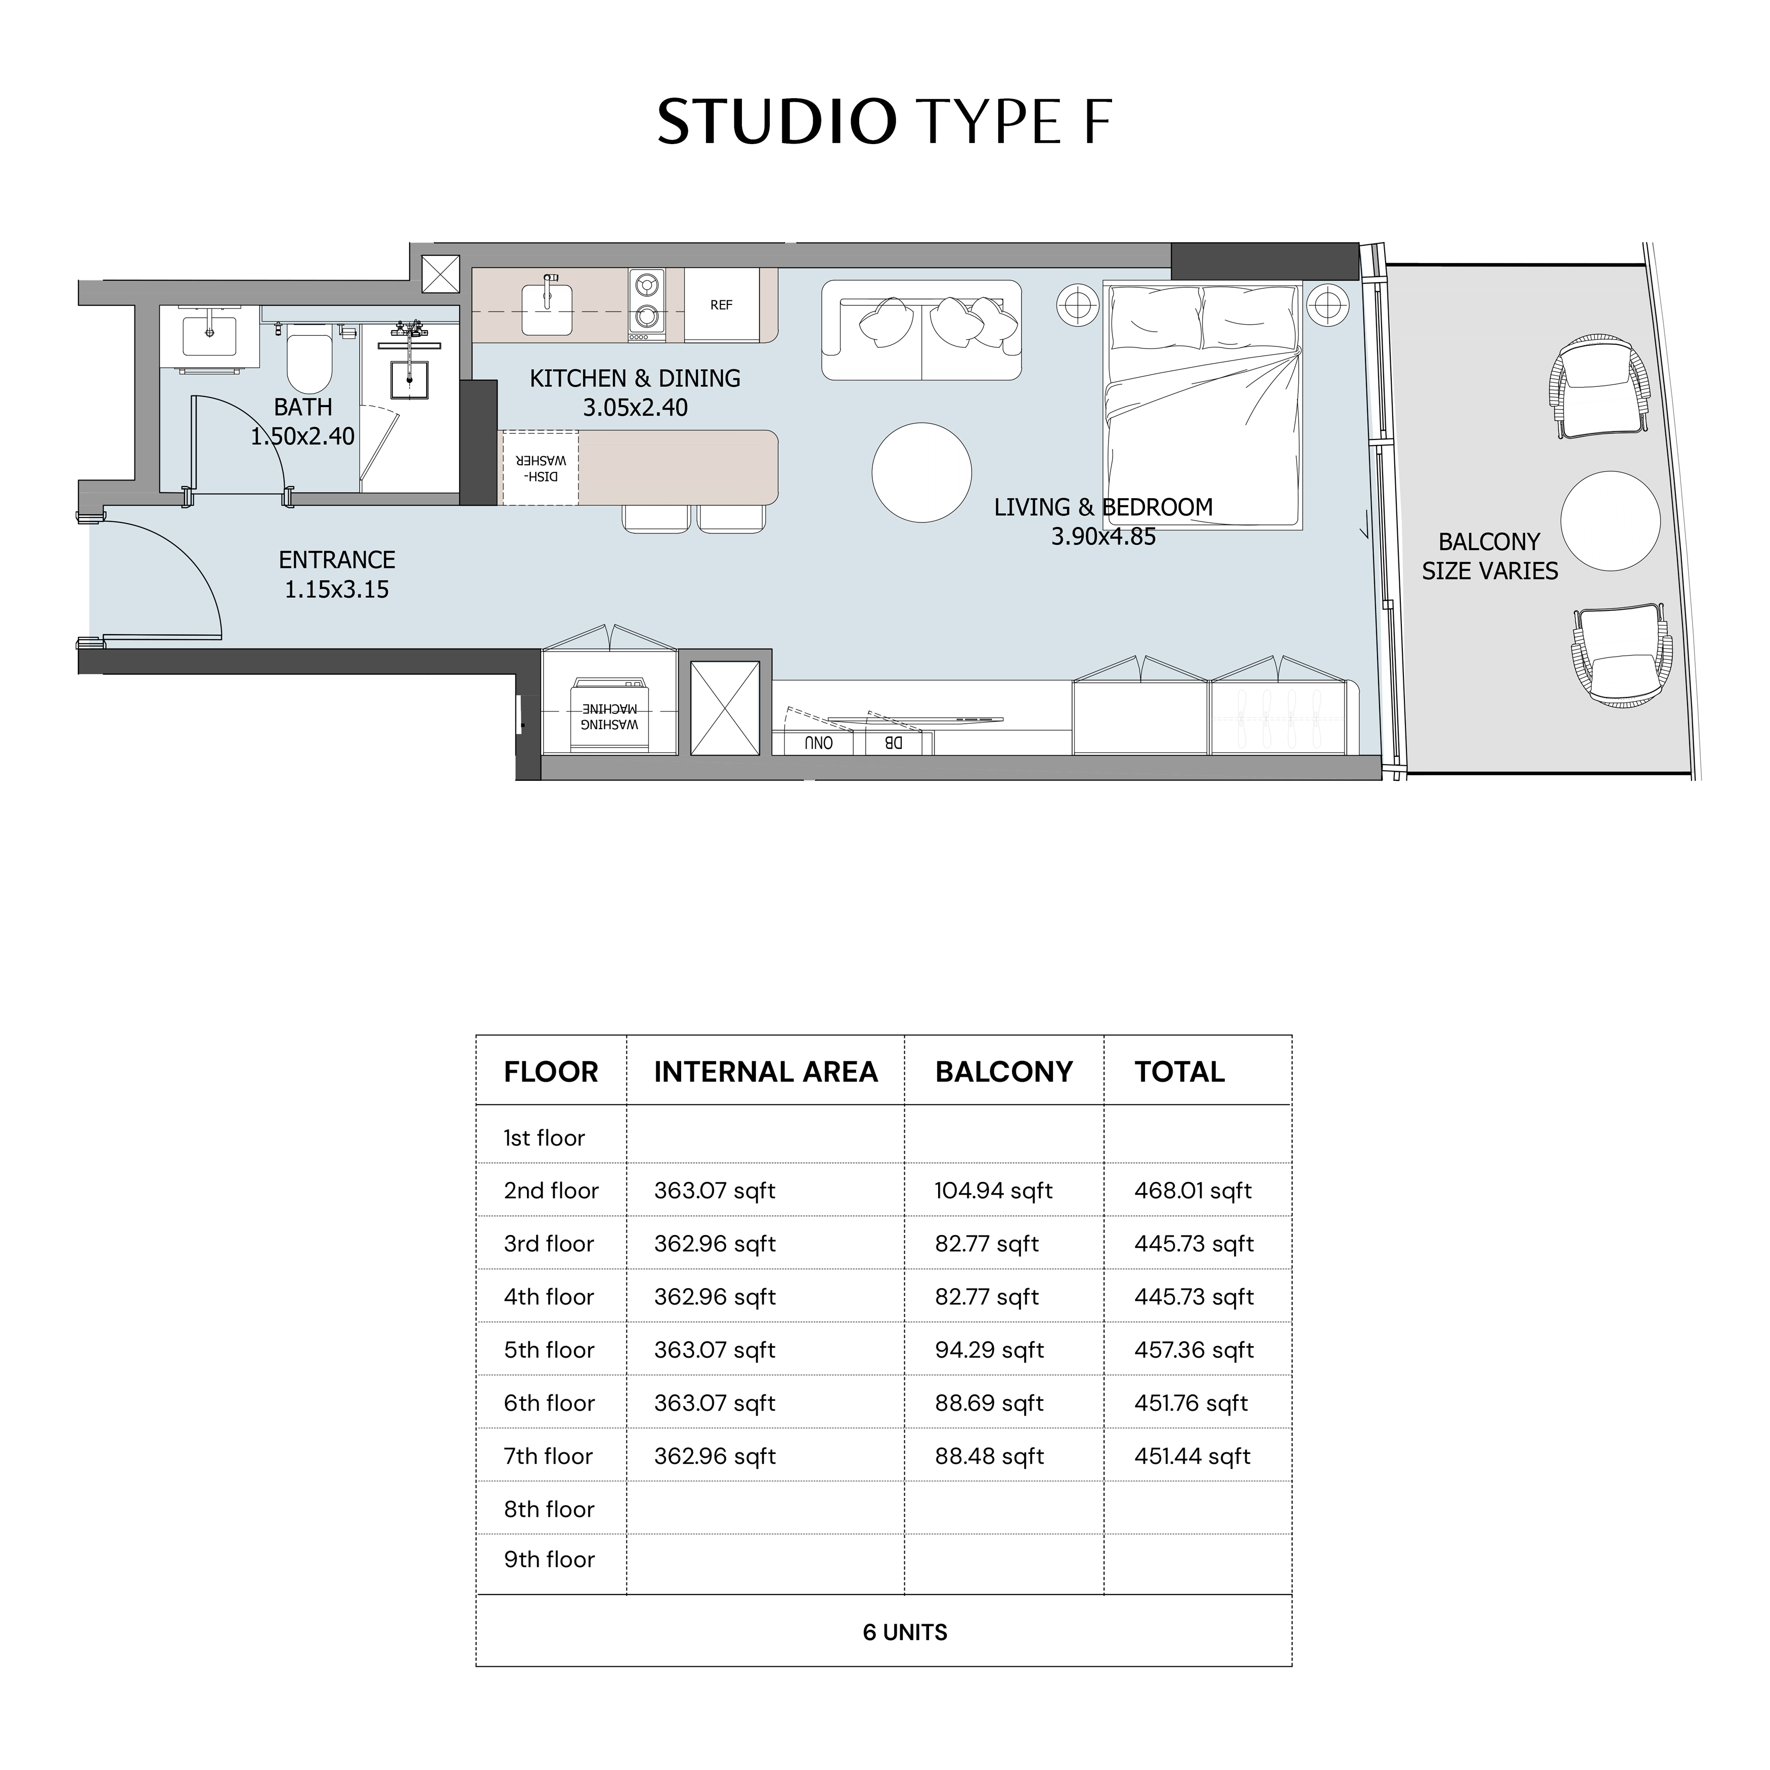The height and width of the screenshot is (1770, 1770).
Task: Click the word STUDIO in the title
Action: pos(776,122)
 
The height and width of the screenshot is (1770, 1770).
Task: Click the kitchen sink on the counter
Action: pos(547,308)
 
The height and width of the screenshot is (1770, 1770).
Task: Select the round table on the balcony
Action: pos(1610,521)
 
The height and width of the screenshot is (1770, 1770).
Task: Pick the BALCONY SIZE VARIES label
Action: pos(1490,556)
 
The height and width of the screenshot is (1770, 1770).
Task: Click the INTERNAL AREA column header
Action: pos(766,1072)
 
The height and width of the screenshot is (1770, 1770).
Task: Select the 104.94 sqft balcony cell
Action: pos(993,1191)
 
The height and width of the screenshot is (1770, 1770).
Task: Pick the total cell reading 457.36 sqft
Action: pos(1194,1350)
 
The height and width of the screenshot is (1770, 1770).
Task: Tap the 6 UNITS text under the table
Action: pos(905,1632)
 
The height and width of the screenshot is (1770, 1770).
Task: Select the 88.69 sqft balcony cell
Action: pos(990,1403)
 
